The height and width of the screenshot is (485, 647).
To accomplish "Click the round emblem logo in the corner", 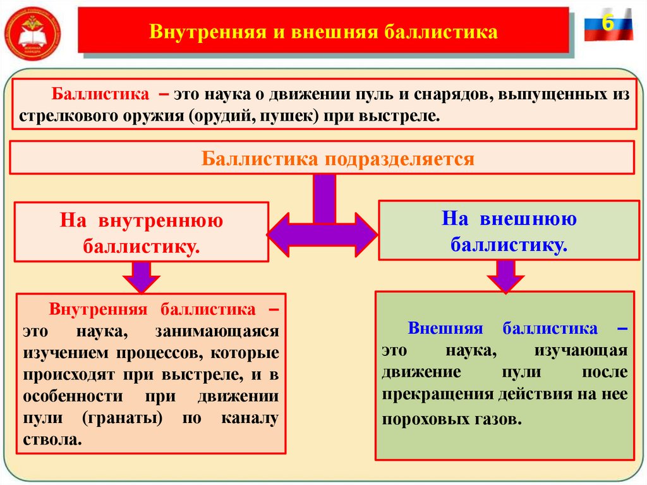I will tap(33, 32).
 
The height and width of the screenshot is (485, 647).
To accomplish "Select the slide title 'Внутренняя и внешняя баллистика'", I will tap(323, 31).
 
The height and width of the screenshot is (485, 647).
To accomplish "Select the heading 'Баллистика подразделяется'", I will tap(337, 158).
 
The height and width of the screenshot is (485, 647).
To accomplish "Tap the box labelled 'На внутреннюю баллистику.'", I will tap(142, 232).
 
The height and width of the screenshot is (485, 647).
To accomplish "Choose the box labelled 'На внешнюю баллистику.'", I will tap(509, 231).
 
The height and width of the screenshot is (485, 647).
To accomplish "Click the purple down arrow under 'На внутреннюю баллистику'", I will tap(142, 276).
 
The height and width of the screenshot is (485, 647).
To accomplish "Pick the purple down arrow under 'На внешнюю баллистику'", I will tap(505, 276).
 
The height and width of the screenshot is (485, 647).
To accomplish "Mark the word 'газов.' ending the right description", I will tap(500, 419).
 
